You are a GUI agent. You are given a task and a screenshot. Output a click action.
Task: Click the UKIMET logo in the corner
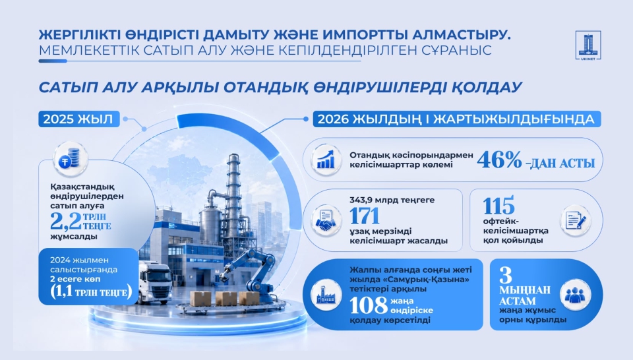tap(589, 45)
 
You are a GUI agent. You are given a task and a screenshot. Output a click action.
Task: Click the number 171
tap(365, 216)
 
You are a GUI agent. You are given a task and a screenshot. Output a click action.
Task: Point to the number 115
tap(498, 206)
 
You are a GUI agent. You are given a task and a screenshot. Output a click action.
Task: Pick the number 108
tap(368, 305)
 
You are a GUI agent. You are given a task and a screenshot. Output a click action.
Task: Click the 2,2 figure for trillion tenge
tap(65, 221)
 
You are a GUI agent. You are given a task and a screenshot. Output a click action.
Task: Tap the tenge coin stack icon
tap(71, 160)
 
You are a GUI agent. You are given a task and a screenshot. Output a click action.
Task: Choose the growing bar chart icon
tap(325, 160)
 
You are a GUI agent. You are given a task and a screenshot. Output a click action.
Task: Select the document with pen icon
tap(576, 220)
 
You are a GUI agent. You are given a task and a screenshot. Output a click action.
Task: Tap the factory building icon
tap(326, 295)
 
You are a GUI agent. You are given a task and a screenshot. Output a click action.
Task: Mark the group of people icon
tap(575, 295)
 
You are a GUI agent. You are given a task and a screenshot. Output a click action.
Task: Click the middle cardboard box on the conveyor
tap(226, 299)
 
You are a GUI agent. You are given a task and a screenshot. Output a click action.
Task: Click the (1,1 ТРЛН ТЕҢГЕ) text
tap(92, 292)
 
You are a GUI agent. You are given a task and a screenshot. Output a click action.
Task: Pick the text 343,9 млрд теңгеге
tap(392, 200)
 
